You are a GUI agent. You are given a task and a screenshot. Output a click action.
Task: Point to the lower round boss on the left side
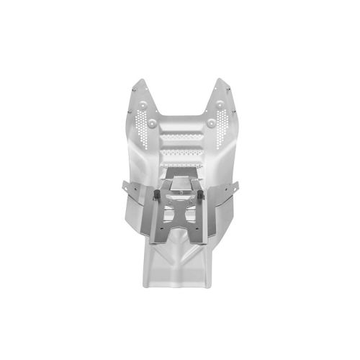[152, 123]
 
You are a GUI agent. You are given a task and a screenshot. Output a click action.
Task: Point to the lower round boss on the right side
[210, 123]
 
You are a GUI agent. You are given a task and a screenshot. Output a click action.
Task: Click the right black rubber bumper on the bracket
[200, 194]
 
